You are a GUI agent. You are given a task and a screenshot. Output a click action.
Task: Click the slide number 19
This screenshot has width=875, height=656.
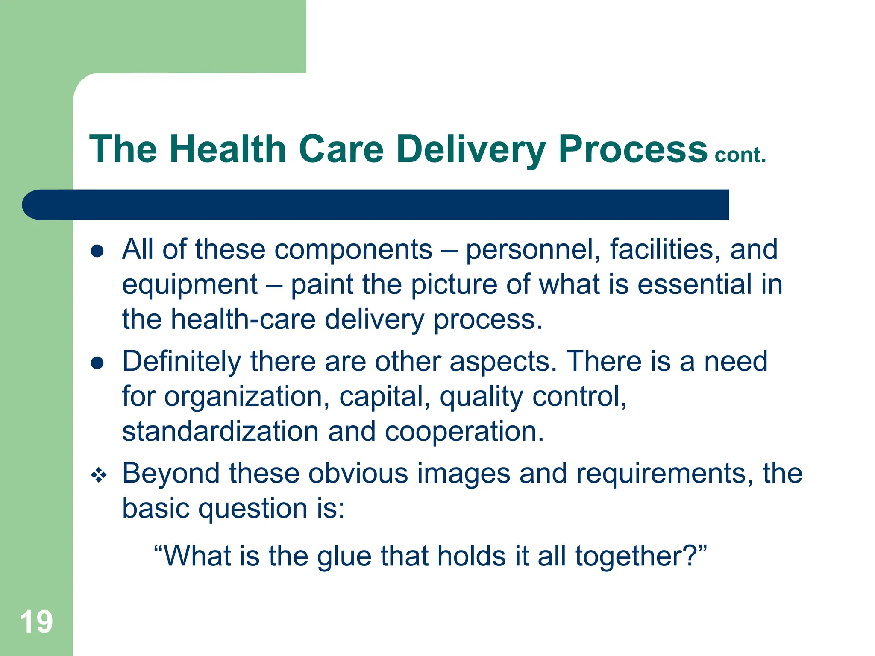tap(36, 622)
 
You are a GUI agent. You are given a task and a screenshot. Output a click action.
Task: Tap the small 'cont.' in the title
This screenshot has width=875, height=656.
tap(740, 155)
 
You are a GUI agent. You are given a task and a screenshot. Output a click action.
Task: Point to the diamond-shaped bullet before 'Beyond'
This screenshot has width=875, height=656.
tap(98, 475)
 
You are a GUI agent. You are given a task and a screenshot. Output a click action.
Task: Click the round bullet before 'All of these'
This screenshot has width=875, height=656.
tap(97, 251)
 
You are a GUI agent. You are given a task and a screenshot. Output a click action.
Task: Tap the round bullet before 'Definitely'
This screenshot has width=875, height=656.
tap(97, 363)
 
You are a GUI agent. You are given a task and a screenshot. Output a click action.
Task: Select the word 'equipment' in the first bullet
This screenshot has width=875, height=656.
tap(190, 285)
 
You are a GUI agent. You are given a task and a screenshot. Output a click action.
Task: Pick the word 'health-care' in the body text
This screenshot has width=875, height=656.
tap(243, 319)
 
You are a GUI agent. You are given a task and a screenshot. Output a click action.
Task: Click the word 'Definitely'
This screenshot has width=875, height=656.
tap(182, 362)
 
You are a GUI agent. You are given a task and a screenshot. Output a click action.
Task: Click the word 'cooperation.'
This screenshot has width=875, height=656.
tap(464, 432)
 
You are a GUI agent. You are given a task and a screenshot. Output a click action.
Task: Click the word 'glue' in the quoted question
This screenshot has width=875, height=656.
tap(344, 557)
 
